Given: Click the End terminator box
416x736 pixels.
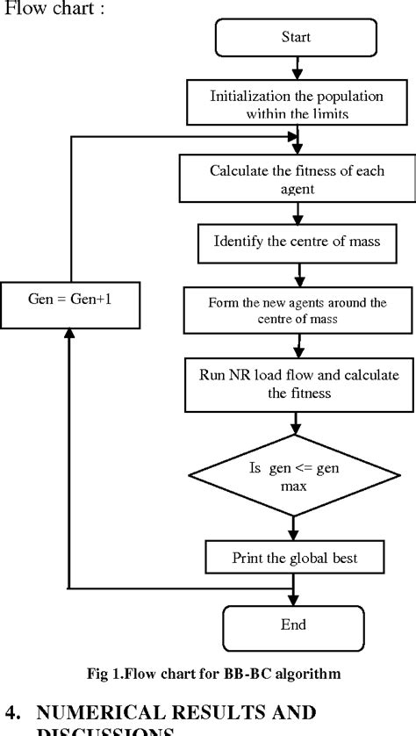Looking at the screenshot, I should click(x=293, y=625).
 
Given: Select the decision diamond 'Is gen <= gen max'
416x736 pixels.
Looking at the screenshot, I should click(x=291, y=478).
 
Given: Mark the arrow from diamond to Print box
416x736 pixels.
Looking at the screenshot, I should click(x=293, y=527).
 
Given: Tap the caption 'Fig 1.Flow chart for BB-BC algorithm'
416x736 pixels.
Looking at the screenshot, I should click(x=207, y=674).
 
